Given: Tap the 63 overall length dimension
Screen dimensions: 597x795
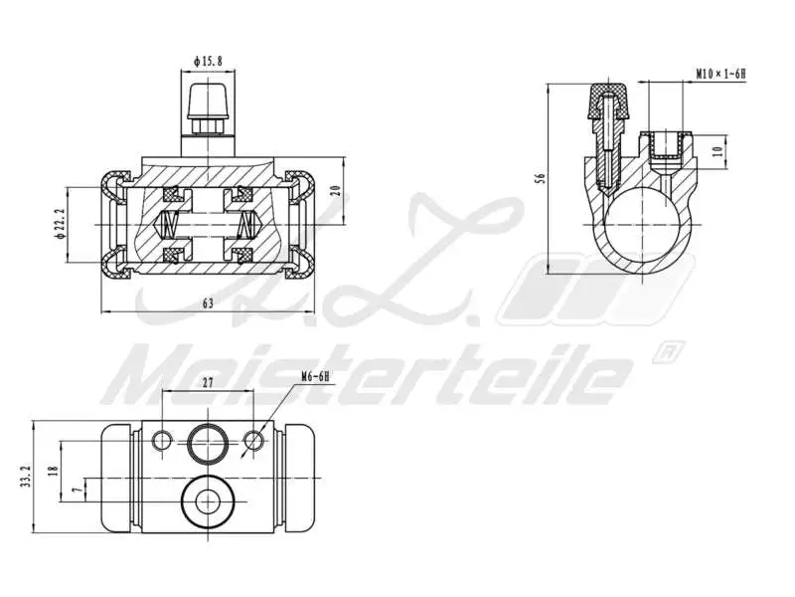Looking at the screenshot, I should [209, 304].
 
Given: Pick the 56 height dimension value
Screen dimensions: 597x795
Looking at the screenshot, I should [541, 178].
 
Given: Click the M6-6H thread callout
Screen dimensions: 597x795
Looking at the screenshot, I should [315, 377].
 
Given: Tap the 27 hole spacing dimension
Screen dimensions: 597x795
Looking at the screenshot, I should [209, 381].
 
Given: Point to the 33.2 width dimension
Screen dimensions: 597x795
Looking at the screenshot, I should [28, 478].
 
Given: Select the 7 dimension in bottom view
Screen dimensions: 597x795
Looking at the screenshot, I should [78, 490].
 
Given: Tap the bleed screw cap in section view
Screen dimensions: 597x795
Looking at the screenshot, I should [610, 99].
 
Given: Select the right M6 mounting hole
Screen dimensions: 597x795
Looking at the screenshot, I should [255, 440].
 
